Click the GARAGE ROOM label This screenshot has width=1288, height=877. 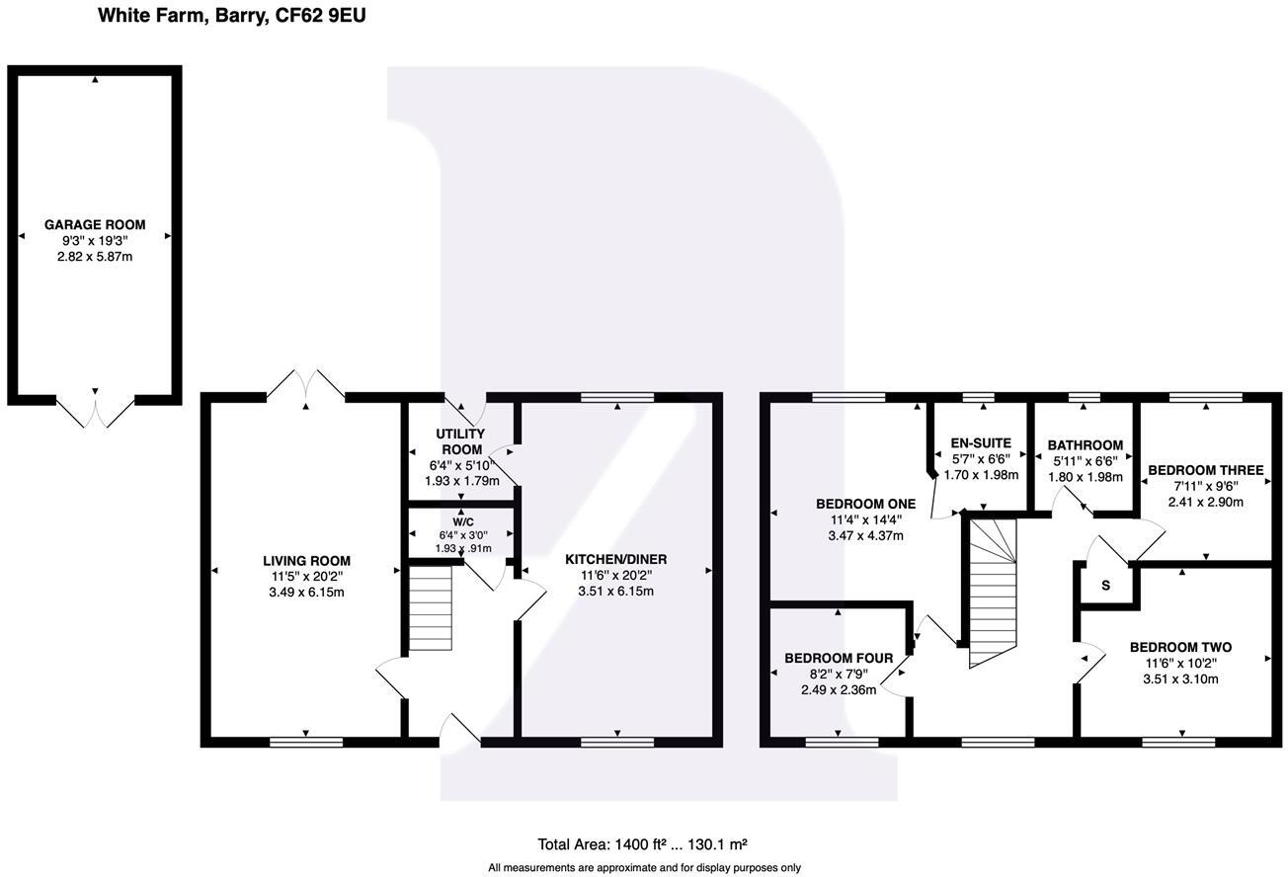coord(95,225)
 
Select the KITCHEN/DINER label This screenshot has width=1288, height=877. coord(615,559)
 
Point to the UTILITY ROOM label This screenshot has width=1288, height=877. coord(461,441)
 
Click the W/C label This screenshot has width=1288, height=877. coord(462,520)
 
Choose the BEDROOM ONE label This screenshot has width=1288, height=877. coord(865,504)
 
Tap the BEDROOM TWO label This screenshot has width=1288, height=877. coord(1180,648)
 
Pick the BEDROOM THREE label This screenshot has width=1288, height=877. coord(1204,470)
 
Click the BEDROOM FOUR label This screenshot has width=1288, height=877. coord(839,658)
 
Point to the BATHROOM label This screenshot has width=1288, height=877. coord(1085,445)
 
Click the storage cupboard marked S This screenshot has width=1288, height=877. coord(1106,585)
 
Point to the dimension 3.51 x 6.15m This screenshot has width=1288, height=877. coord(615,592)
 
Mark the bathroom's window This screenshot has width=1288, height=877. coord(1085,398)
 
